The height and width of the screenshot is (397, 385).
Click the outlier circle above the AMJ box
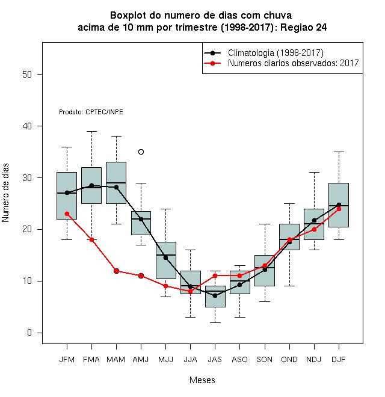pyautogui.click(x=141, y=152)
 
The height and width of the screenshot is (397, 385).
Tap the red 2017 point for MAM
pyautogui.click(x=116, y=271)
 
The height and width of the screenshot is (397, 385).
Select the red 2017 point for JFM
pyautogui.click(x=67, y=214)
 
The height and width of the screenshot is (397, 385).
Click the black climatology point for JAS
pyautogui.click(x=215, y=295)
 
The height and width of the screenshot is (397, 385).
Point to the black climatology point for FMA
pyautogui.click(x=91, y=186)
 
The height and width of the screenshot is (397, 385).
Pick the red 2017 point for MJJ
pyautogui.click(x=165, y=286)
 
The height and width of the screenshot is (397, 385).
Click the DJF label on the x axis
pyautogui.click(x=339, y=360)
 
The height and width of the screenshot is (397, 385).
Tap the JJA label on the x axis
pyautogui.click(x=190, y=360)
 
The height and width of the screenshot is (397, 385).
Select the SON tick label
pyautogui.click(x=265, y=360)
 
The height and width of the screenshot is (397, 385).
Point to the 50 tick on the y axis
pyautogui.click(x=27, y=75)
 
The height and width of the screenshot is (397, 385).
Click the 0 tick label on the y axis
pyautogui.click(x=29, y=333)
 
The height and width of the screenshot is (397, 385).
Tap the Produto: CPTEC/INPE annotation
pyautogui.click(x=91, y=112)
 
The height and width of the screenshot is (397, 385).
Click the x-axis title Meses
pyautogui.click(x=202, y=380)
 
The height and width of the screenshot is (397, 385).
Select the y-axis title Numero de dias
pyautogui.click(x=5, y=193)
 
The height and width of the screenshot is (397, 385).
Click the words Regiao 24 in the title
pyautogui.click(x=303, y=27)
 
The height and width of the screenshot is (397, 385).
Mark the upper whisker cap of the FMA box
pyautogui.click(x=91, y=131)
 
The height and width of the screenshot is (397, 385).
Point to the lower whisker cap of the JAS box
pyautogui.click(x=215, y=322)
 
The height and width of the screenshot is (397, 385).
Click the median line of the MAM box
pyautogui.click(x=116, y=182)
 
